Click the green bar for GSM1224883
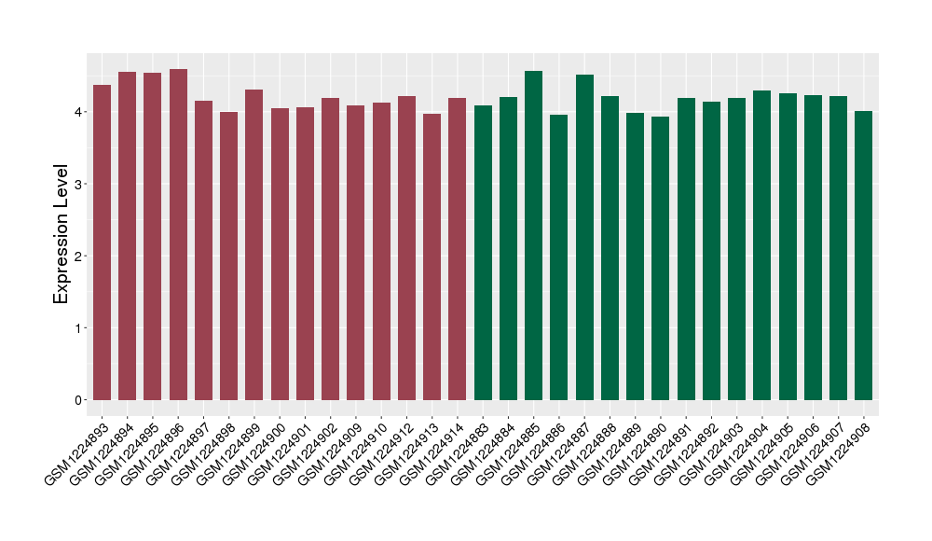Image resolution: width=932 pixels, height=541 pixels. (x=483, y=253)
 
